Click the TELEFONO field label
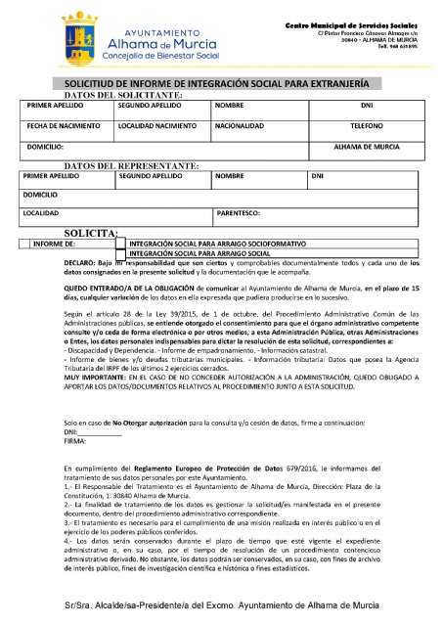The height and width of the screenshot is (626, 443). tap(367, 126)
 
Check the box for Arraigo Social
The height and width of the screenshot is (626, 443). tap(122, 252)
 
